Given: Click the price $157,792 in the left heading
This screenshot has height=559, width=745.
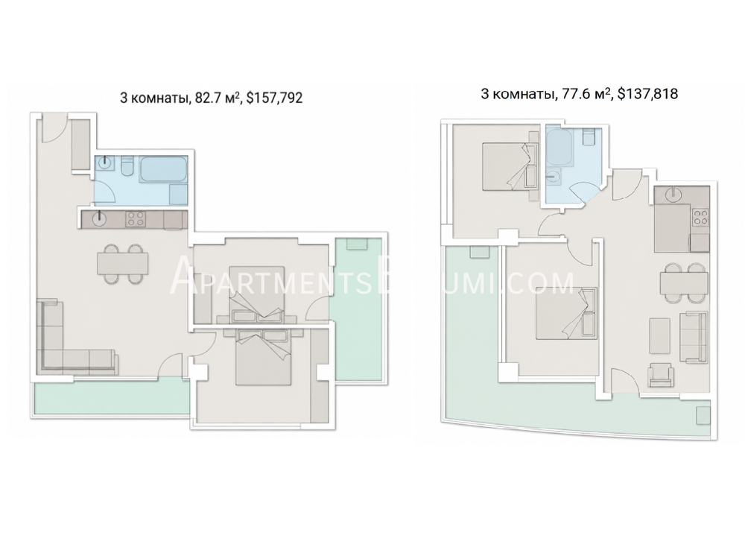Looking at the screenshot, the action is (x=274, y=98).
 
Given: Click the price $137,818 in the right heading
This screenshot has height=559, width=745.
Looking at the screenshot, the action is (x=647, y=94).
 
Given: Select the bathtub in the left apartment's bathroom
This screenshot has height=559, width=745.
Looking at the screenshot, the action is (x=162, y=168).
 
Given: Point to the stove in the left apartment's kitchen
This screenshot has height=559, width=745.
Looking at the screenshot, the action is (x=136, y=219).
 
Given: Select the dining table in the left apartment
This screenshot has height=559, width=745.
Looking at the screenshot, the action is (x=123, y=263).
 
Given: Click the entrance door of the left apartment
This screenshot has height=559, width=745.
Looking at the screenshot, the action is (x=52, y=129).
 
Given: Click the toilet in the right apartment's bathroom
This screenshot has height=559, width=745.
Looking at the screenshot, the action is (x=589, y=136).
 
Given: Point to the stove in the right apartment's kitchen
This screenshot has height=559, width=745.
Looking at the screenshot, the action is (x=700, y=217).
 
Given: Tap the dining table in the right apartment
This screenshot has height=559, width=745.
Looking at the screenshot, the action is (x=684, y=284).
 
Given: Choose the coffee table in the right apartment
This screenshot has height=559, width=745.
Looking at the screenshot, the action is (x=659, y=336).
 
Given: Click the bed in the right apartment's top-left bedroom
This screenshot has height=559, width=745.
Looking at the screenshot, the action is (x=510, y=166).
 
